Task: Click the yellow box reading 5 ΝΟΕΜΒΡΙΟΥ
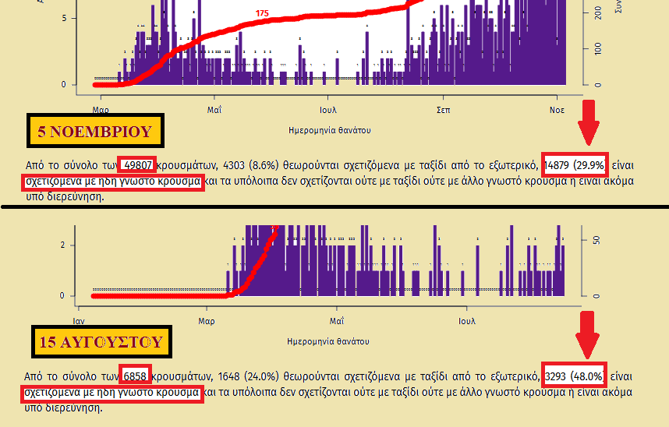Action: (94, 131)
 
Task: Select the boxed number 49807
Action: (139, 165)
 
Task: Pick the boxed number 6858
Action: (135, 375)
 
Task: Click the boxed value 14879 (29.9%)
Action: (575, 165)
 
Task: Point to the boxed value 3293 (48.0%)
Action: (575, 375)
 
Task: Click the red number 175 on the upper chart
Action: (262, 14)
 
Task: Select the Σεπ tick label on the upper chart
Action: (442, 110)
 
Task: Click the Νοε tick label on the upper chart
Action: (557, 110)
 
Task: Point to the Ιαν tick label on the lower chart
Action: (78, 320)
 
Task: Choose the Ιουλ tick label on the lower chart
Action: (467, 320)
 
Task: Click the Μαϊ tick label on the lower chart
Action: (336, 320)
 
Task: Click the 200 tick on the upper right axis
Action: (596, 13)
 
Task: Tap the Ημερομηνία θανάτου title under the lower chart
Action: (328, 341)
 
